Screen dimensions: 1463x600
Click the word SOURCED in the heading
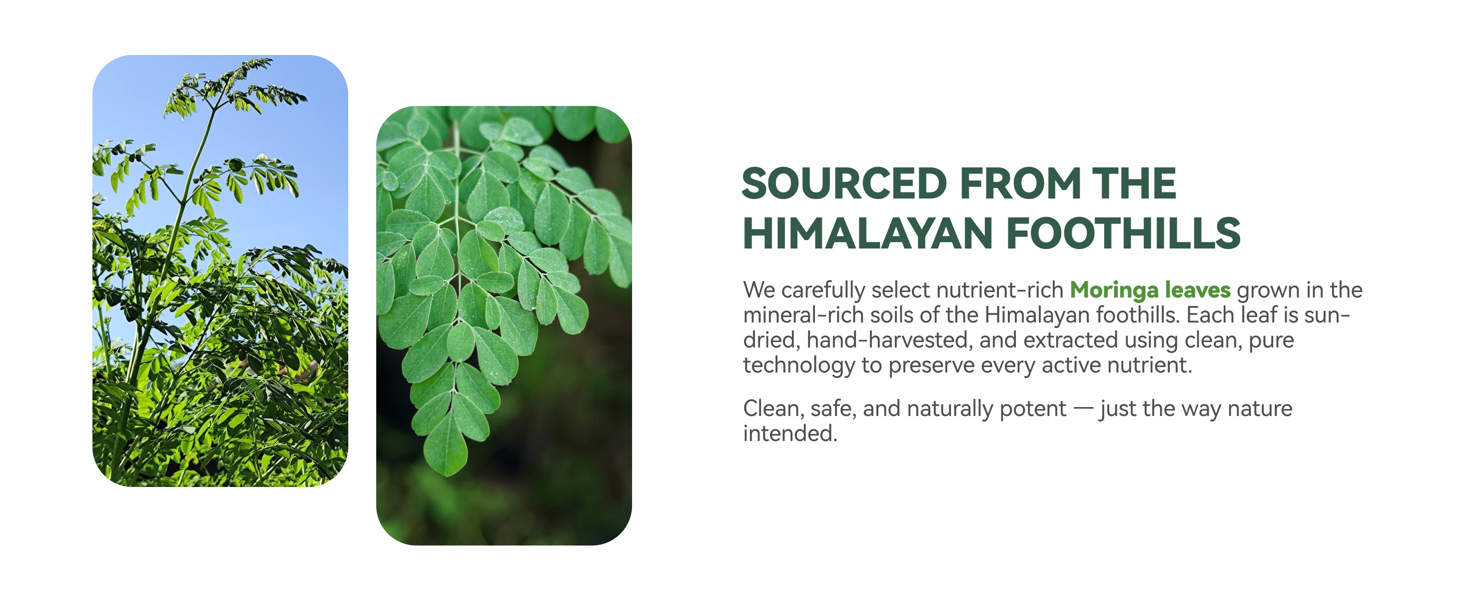[844, 183]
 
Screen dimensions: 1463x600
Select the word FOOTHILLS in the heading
[1123, 233]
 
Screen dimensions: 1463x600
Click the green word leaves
[1198, 290]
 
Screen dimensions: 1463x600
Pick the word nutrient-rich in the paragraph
[999, 290]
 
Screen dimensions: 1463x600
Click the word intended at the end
[790, 433]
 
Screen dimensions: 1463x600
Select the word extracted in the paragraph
[1071, 340]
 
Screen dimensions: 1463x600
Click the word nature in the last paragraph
[1260, 409]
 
